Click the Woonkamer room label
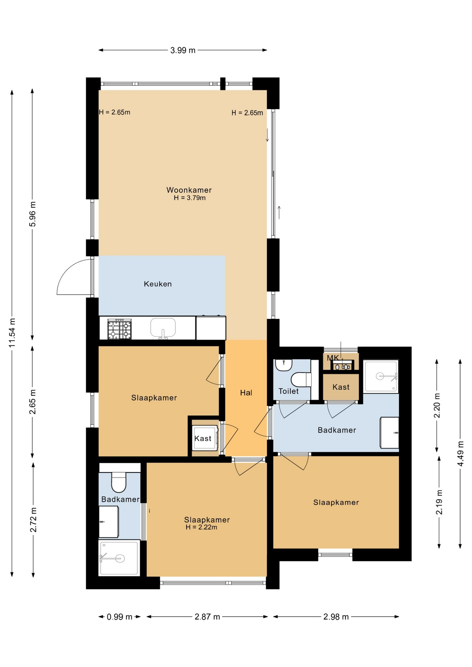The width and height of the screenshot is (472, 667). pos(189,190)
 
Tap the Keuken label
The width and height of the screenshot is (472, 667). pos(158,284)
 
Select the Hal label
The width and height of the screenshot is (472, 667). pos(246,393)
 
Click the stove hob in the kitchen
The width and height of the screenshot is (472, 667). pos(120,329)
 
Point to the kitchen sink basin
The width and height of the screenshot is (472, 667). pos(163,328)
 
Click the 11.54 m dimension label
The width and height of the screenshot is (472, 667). pos(12,333)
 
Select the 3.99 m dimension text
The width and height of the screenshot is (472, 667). pos(183,50)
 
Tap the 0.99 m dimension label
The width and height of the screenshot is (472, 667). pos(120,617)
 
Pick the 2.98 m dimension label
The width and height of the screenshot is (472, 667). pos(336,617)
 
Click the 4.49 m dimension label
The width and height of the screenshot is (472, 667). pos(461,454)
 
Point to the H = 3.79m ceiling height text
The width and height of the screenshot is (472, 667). pos(189,198)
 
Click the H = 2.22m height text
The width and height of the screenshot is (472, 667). pos(201,527)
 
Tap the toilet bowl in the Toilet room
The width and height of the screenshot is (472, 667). pos(301,380)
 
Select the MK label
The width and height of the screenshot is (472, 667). pos(333,358)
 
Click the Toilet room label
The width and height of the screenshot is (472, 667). pos(288,391)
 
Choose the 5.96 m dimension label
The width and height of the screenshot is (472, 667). pos(33,214)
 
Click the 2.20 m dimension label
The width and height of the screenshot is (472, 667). pos(437,405)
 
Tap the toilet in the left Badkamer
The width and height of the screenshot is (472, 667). pos(119,482)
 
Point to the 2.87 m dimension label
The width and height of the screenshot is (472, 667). pos(207,617)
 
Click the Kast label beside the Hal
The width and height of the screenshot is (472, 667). pos(203,438)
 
